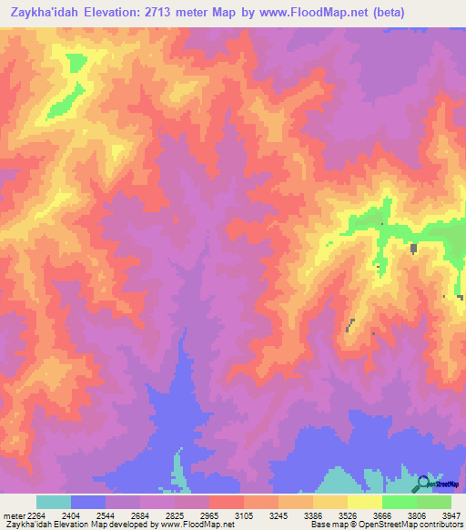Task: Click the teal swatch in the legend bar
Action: coord(54,502)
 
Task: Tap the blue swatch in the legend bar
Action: coord(88,502)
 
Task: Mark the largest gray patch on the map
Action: coord(413,248)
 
